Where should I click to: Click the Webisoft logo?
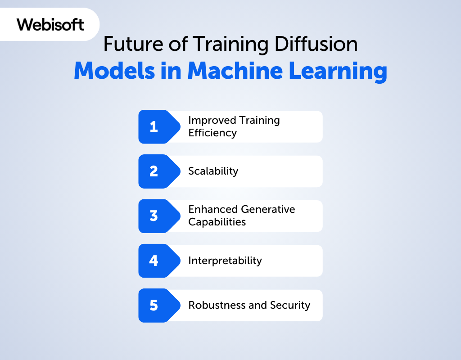[x=50, y=24]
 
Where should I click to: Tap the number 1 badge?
[x=159, y=126]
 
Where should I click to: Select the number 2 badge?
[x=159, y=171]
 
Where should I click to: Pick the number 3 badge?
[x=159, y=216]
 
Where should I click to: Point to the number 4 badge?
[x=159, y=261]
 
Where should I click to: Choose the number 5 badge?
[x=159, y=306]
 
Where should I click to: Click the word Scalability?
[x=213, y=171]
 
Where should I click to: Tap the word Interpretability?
[x=225, y=261]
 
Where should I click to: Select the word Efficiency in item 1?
[x=212, y=133]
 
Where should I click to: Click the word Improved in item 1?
[x=212, y=121]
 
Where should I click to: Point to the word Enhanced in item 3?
[x=213, y=209]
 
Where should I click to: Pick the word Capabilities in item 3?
[x=217, y=222]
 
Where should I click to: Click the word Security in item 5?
[x=290, y=306]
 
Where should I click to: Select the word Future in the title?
[x=133, y=44]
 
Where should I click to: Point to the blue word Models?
[x=114, y=71]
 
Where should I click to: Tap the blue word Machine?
[x=235, y=71]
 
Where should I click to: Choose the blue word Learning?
[x=338, y=72]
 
